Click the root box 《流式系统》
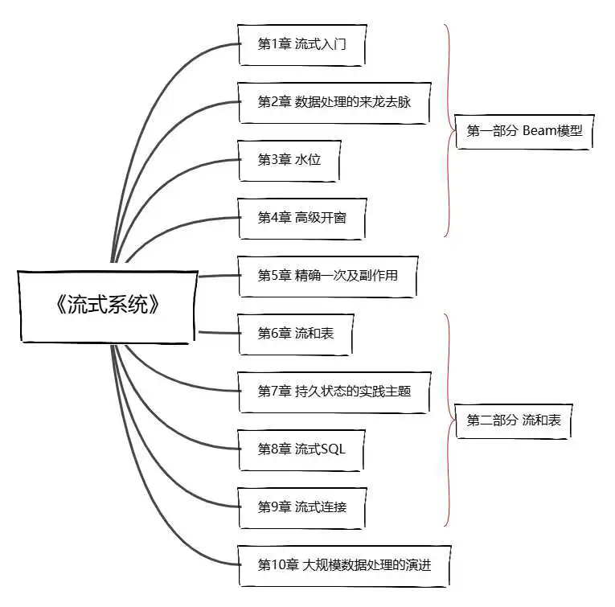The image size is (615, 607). tap(108, 306)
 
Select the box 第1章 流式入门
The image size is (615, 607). tap(302, 45)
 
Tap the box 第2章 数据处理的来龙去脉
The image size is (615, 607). tap(334, 103)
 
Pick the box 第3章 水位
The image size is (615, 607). tap(289, 160)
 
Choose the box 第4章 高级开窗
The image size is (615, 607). tap(302, 219)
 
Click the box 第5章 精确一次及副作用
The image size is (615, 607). tap(328, 277)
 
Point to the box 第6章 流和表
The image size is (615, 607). tap(296, 334)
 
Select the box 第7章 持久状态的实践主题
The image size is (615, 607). tap(334, 392)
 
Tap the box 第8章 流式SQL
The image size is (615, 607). tap(301, 449)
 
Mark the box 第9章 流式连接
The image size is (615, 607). tap(302, 508)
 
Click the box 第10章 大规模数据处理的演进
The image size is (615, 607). tap(344, 566)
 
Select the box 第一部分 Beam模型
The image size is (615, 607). tap(524, 131)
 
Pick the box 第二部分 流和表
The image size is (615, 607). tap(514, 420)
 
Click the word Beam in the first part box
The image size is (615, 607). tap(537, 130)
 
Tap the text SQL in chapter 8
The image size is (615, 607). tap(333, 449)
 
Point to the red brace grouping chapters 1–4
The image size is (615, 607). tap(449, 130)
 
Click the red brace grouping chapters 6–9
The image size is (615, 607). tap(449, 420)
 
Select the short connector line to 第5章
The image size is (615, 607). tap(219, 276)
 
